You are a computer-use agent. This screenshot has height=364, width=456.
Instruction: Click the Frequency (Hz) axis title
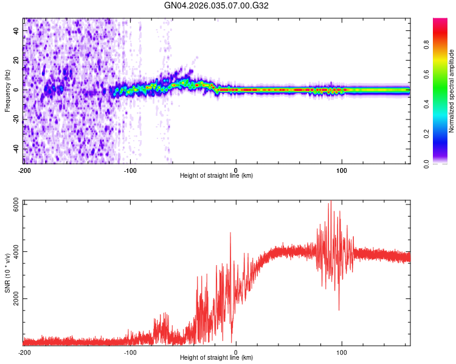pyautogui.click(x=7, y=91)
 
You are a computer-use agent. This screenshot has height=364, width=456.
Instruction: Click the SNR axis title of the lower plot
pyautogui.click(x=7, y=274)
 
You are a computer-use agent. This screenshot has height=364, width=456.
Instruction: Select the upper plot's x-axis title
pyautogui.click(x=216, y=176)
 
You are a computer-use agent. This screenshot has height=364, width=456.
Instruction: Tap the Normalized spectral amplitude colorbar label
pyautogui.click(x=452, y=91)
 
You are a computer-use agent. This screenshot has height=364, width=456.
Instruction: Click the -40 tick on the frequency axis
pyautogui.click(x=16, y=149)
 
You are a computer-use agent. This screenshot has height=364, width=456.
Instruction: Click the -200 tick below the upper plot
pyautogui.click(x=24, y=170)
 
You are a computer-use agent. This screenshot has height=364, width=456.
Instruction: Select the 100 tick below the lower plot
pyautogui.click(x=342, y=352)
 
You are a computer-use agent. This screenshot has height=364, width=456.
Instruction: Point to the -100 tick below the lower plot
pyautogui.click(x=130, y=352)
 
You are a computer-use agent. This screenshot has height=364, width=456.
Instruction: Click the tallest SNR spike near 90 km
pyautogui.click(x=331, y=201)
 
